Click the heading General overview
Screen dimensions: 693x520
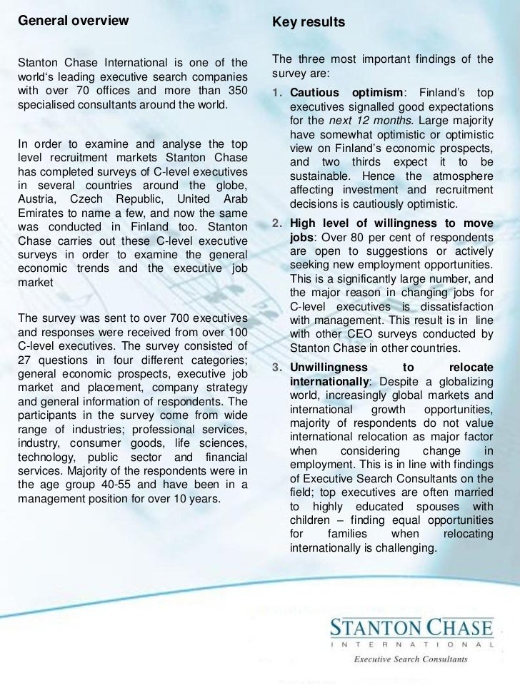point(72,20)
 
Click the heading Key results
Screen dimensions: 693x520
point(309,24)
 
